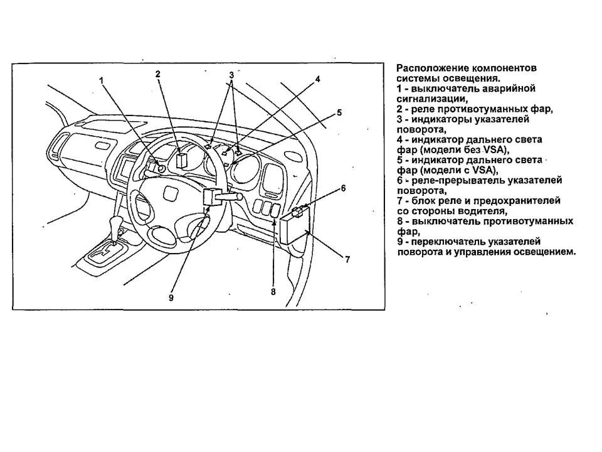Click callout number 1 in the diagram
pos(101,80)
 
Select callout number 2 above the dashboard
pos(158,74)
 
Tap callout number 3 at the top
pos(231,75)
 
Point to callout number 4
pos(318,79)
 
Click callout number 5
pos(339,112)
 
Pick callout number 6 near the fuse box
pos(343,188)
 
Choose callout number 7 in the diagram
pos(347,259)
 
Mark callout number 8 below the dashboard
pos(273,292)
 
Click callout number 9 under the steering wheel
pos(171,298)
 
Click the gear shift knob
pos(115,225)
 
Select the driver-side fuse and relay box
pos(294,226)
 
